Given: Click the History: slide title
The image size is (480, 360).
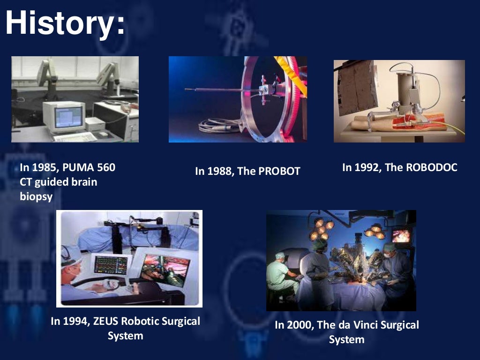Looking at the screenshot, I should (x=65, y=23).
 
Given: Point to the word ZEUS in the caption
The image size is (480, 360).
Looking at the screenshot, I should (x=104, y=322).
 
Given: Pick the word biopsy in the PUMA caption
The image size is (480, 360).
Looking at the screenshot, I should (x=36, y=196).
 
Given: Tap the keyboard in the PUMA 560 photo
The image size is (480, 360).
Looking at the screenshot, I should (x=75, y=137).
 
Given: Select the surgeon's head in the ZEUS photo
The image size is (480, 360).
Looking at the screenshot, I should (x=71, y=260).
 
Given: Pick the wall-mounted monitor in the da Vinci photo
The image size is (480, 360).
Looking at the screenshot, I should (x=401, y=235).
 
